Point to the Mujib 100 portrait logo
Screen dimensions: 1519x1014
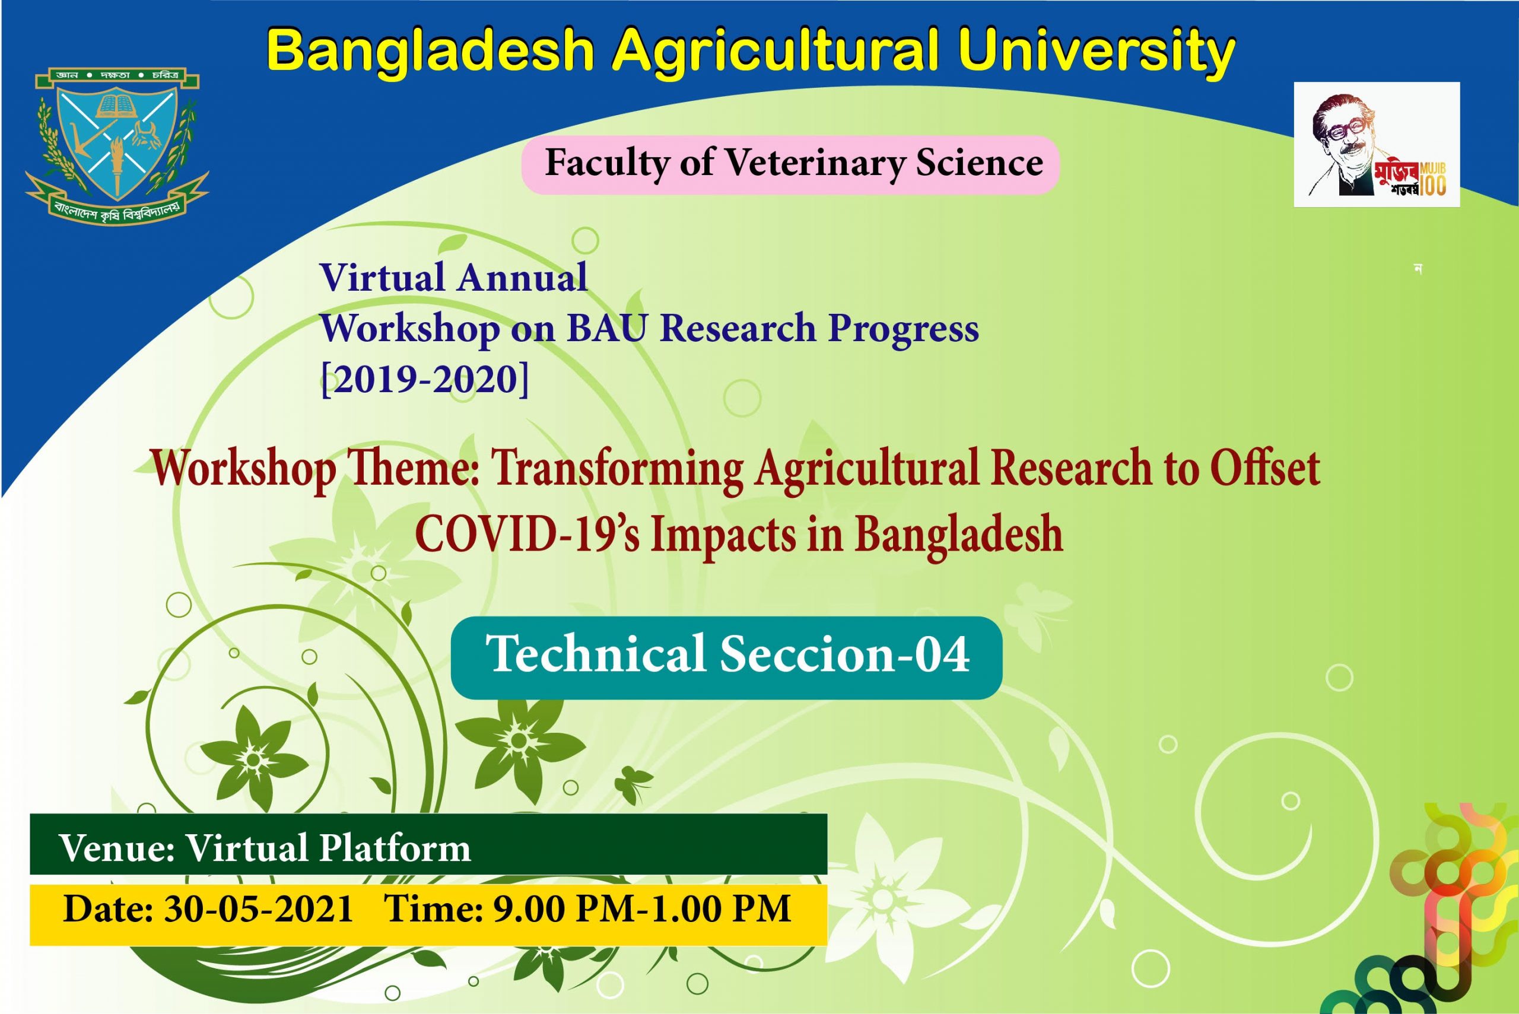point(1377,144)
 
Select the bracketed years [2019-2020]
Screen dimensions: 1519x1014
point(425,380)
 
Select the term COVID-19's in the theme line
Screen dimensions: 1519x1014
point(527,534)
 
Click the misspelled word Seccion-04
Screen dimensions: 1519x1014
point(844,654)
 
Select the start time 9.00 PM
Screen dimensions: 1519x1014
point(561,909)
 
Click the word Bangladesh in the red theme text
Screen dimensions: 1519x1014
point(959,534)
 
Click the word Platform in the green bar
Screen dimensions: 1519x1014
point(395,849)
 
